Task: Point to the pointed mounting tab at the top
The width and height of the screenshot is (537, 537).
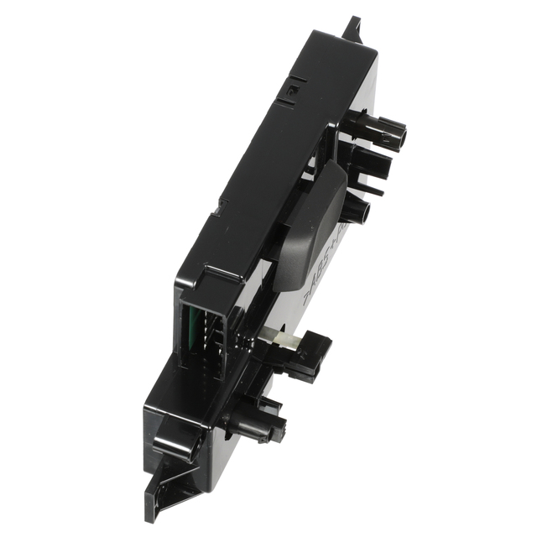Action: click(x=352, y=27)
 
